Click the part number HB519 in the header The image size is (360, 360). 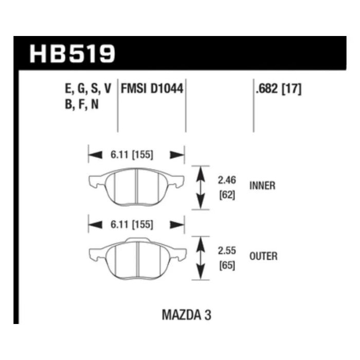click(x=73, y=53)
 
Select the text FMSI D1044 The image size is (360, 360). click(x=152, y=88)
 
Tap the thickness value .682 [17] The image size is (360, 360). click(x=279, y=88)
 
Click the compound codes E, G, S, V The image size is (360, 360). click(x=88, y=89)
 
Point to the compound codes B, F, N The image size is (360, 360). click(x=82, y=104)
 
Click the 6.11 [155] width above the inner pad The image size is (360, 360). click(x=132, y=155)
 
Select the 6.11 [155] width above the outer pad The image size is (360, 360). click(x=132, y=225)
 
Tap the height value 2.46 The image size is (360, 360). click(x=227, y=180)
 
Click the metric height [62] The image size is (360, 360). click(x=227, y=195)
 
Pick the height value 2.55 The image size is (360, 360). click(x=227, y=250)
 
